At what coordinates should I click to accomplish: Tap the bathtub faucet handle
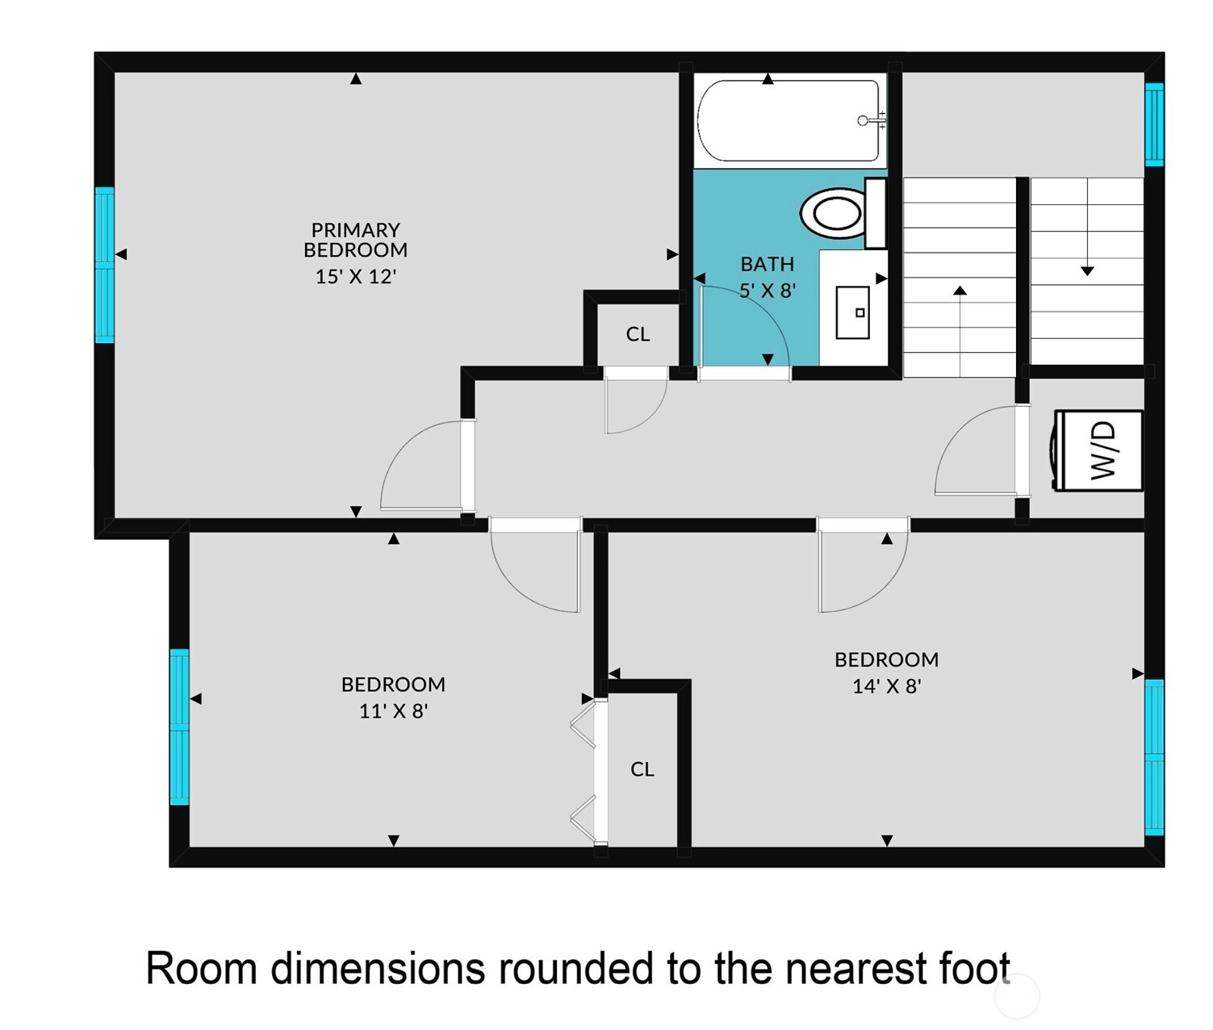(x=864, y=120)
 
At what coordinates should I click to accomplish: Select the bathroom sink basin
(x=852, y=312)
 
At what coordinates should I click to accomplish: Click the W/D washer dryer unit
(x=1098, y=450)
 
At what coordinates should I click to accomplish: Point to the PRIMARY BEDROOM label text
(x=356, y=240)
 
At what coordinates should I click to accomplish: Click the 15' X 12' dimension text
(x=356, y=276)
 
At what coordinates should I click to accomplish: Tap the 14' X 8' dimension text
(x=887, y=686)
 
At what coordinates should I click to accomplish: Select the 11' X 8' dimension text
(x=393, y=711)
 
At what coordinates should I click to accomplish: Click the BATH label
(x=767, y=265)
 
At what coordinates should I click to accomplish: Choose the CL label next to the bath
(x=638, y=334)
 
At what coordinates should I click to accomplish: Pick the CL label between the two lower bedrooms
(x=642, y=769)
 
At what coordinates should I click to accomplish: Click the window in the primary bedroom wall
(x=104, y=265)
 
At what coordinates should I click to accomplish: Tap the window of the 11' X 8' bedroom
(x=180, y=726)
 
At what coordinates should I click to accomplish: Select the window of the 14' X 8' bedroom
(x=1154, y=757)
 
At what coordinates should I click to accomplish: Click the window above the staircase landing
(x=1154, y=124)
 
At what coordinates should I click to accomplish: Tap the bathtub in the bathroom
(x=790, y=121)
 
